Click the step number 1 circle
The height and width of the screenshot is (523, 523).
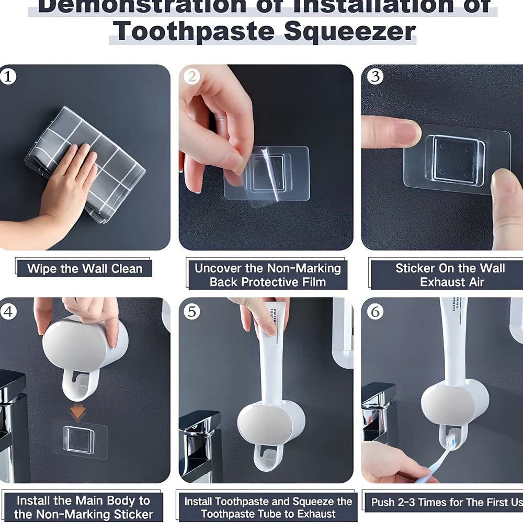(8, 77)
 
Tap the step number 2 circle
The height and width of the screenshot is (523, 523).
(192, 77)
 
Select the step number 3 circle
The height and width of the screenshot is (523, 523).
(374, 77)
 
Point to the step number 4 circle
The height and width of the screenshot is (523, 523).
(8, 311)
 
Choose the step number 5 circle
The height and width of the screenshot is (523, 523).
(192, 312)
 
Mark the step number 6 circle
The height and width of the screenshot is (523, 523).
(374, 312)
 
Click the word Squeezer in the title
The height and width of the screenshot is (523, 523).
(349, 31)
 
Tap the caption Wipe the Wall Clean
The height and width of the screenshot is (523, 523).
(85, 269)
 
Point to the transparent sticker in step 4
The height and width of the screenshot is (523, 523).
(79, 439)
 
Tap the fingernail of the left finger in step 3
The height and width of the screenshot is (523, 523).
(408, 133)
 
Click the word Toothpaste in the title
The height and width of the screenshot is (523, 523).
(194, 31)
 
